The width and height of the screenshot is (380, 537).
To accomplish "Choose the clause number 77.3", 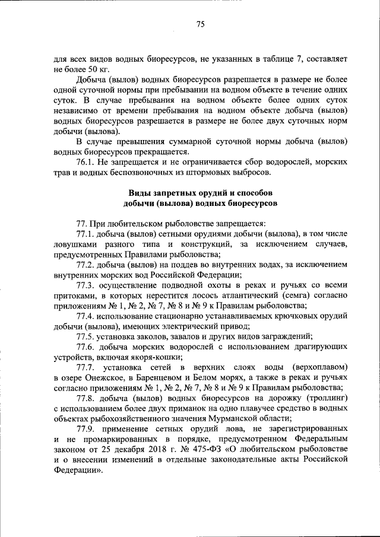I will click(88, 285).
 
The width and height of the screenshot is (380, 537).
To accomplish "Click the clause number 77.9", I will click(88, 428).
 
